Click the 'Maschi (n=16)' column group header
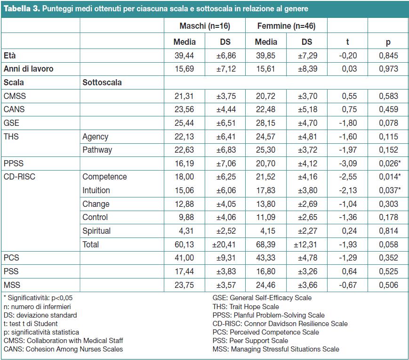pyautogui.click(x=205, y=26)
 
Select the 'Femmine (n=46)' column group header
pyautogui.click(x=287, y=26)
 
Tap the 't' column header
pyautogui.click(x=347, y=42)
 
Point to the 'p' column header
pyautogui.click(x=388, y=42)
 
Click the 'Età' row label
pyautogui.click(x=10, y=55)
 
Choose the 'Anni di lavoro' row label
pyautogui.click(x=28, y=69)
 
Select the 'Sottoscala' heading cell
pyautogui.click(x=102, y=82)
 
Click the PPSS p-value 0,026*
pyautogui.click(x=390, y=164)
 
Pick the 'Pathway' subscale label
pyautogui.click(x=97, y=150)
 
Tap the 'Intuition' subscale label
pyautogui.click(x=96, y=190)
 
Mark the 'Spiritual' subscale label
pyautogui.click(x=96, y=231)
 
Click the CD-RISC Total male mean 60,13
pyautogui.click(x=184, y=245)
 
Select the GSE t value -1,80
pyautogui.click(x=348, y=123)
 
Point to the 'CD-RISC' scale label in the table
pyautogui.click(x=19, y=177)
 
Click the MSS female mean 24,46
pyautogui.click(x=265, y=285)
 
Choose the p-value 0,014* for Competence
pyautogui.click(x=390, y=177)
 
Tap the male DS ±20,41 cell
pyautogui.click(x=224, y=245)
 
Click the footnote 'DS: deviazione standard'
pyautogui.click(x=40, y=315)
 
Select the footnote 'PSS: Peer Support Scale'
pyautogui.click(x=250, y=341)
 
